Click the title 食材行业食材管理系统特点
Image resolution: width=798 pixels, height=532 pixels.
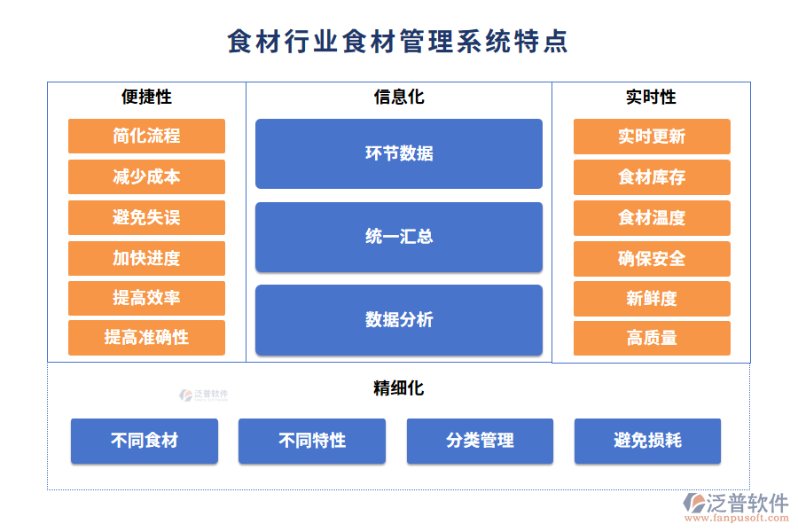coord(398,42)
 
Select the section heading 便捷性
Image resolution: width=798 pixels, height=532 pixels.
coord(146,98)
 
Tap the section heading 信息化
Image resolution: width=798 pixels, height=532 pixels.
coord(399,98)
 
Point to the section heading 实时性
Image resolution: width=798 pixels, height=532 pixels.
coord(651,98)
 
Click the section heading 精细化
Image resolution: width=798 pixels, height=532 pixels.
coord(399,388)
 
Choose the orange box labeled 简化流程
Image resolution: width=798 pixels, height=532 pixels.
coord(146,136)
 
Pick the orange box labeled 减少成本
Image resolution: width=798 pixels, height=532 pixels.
coord(146,176)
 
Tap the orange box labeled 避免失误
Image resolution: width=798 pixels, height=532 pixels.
coord(146,217)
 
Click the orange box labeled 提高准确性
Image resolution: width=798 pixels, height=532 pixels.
coord(146,338)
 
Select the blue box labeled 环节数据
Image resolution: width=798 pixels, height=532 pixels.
coord(399,153)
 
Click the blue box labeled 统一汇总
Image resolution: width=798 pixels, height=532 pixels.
coord(399,237)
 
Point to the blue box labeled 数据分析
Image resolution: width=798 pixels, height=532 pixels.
coord(399,320)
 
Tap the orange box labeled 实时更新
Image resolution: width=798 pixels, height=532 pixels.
coord(652,137)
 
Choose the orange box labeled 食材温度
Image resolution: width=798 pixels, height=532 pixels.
coord(652,218)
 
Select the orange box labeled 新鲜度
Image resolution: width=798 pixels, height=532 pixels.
coord(652,299)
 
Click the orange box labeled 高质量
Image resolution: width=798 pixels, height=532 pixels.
coord(652,338)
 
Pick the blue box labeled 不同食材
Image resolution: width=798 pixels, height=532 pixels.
coord(145,441)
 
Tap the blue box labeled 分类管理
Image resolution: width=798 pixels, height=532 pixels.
coord(480,441)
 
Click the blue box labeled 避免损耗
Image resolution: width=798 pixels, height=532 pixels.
coord(647,441)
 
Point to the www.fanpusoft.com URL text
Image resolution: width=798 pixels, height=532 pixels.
coord(736,520)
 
